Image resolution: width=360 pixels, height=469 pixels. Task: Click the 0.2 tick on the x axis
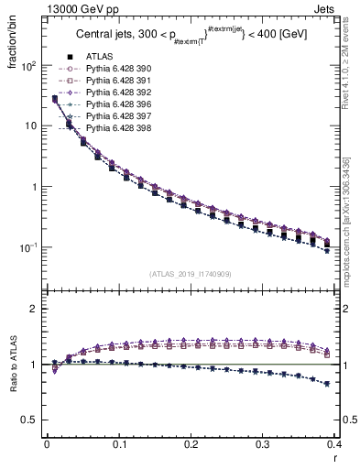191,444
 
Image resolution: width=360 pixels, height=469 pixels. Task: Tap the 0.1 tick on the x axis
118,444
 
